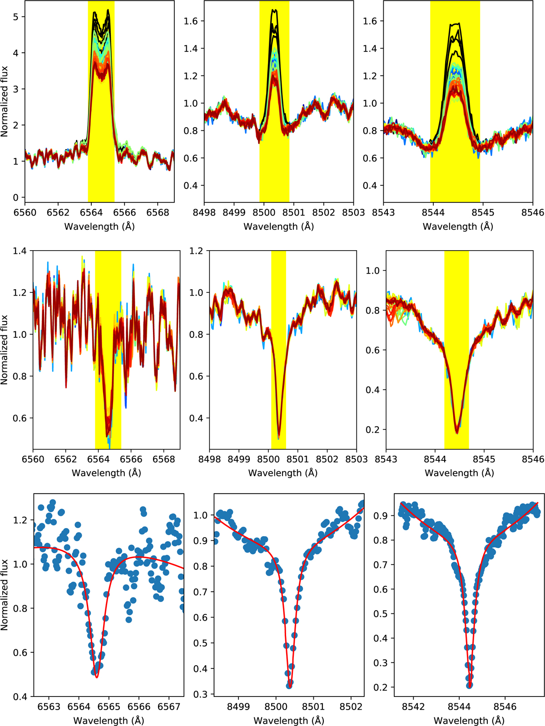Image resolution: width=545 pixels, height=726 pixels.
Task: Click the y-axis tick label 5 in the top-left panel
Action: (x=16, y=17)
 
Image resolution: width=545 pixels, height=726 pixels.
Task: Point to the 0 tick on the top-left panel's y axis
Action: (x=16, y=198)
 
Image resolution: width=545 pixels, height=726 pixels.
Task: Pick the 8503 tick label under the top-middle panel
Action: (x=353, y=212)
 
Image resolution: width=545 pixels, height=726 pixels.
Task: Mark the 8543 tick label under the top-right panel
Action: (x=383, y=212)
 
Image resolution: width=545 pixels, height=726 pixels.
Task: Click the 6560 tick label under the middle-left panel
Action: (x=33, y=459)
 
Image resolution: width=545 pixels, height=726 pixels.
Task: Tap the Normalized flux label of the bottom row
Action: (x=5, y=594)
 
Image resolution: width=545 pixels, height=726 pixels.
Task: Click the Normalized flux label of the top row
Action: (x=5, y=101)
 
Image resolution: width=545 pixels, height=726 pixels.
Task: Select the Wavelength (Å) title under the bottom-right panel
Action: (x=469, y=720)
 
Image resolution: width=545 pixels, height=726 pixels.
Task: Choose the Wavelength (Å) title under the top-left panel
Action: (x=99, y=226)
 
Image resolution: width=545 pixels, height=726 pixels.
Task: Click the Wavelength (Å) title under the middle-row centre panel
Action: (x=282, y=473)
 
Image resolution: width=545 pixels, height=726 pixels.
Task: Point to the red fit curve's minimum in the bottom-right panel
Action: (x=469, y=686)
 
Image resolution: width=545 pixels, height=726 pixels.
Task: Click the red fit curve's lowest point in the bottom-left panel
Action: (x=97, y=678)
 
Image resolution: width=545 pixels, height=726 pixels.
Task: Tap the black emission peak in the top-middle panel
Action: (x=274, y=10)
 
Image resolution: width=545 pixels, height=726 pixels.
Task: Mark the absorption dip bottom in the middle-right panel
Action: (x=457, y=433)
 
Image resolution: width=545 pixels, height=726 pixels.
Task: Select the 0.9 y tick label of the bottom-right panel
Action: (x=381, y=516)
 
